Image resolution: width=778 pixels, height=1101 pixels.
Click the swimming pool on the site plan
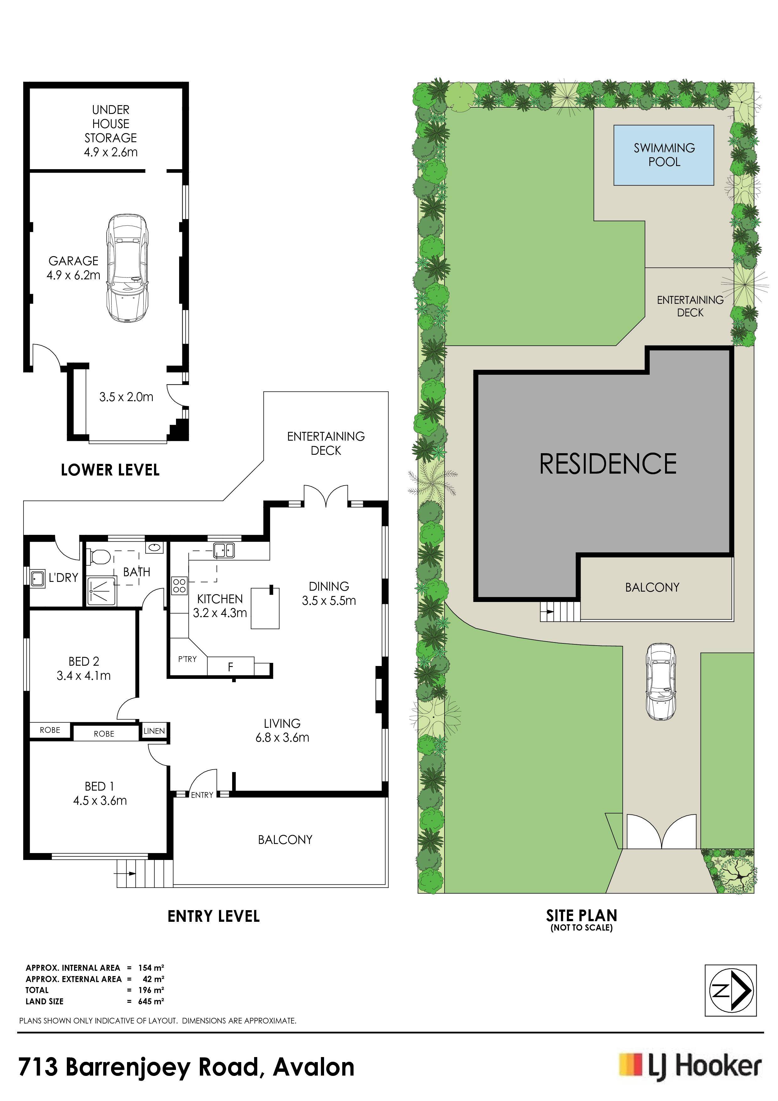point(663,155)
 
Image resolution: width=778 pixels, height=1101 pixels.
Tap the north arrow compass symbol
point(731,990)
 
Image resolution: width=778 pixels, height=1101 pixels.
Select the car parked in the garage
point(127,268)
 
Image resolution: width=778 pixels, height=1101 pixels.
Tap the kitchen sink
point(223,550)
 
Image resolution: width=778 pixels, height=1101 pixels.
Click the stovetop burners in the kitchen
point(179,585)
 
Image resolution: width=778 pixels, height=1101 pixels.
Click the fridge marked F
point(231,667)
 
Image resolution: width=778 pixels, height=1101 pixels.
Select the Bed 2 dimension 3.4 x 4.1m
point(84,676)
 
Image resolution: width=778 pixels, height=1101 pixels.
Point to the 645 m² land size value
point(151,1001)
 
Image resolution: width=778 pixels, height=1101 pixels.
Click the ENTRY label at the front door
point(202,795)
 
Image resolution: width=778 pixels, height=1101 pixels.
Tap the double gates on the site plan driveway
point(662,831)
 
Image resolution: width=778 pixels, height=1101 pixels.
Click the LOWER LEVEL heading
point(110,470)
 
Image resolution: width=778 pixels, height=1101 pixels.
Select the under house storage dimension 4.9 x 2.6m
point(111,153)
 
